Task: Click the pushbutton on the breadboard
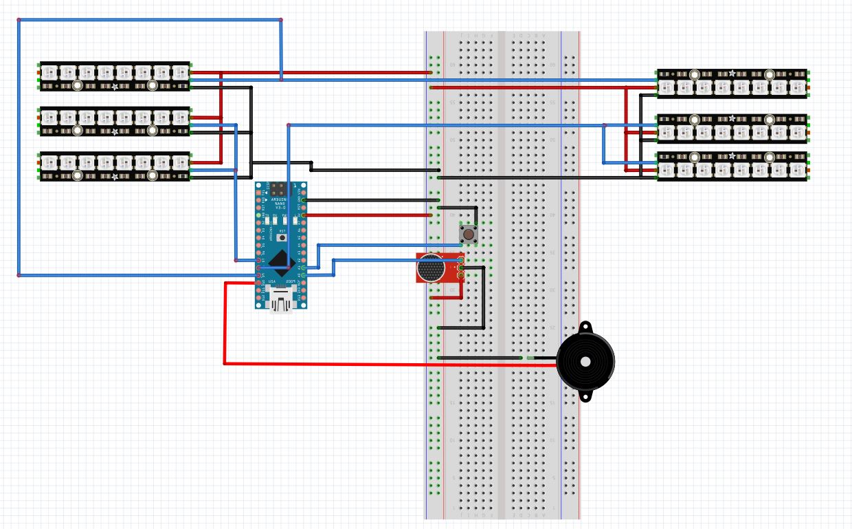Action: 469,235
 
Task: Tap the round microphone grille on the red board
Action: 431,268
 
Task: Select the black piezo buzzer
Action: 585,361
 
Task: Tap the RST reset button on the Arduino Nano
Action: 281,237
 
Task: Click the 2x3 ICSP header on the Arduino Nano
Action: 280,187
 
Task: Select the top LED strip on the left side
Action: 115,76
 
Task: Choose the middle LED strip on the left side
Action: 115,121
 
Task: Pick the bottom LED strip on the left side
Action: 115,166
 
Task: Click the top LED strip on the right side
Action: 732,83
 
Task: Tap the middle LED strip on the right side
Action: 732,128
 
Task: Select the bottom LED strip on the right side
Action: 732,166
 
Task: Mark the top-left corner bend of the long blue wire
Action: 19,20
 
